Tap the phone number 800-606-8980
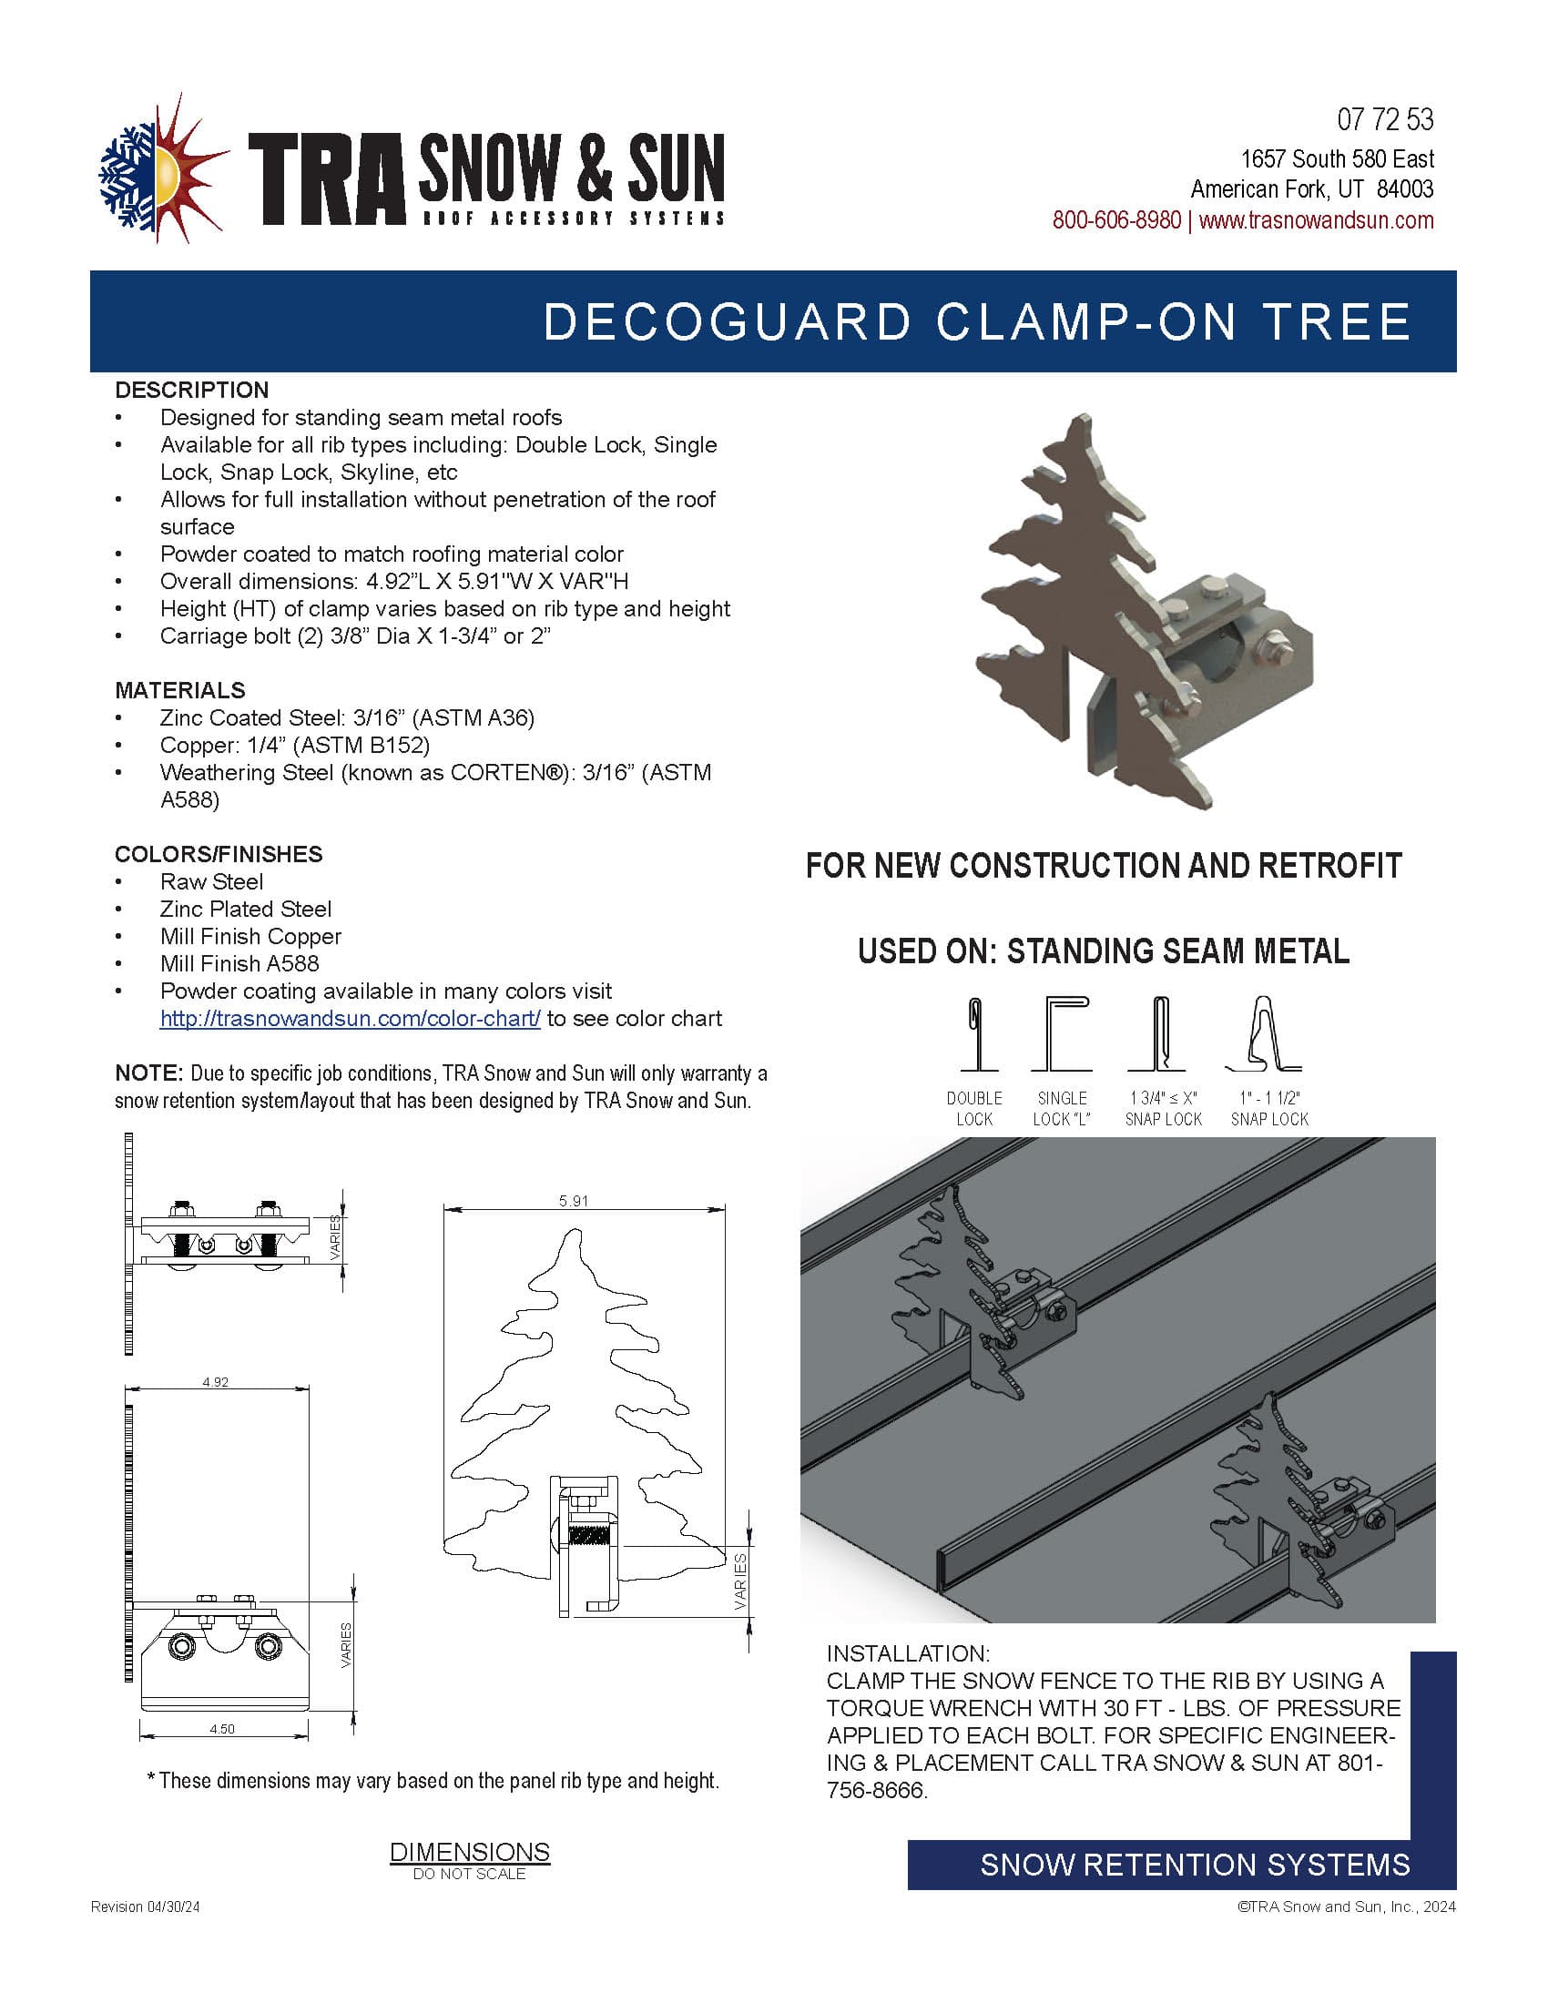click(x=1116, y=220)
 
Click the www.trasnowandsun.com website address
click(x=1316, y=220)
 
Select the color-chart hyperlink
click(x=350, y=1018)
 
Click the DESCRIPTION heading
click(x=191, y=390)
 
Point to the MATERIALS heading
click(x=179, y=690)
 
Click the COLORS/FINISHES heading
click(x=219, y=854)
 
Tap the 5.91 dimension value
click(x=573, y=1201)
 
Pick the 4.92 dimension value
click(x=216, y=1381)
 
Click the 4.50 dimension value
click(x=222, y=1729)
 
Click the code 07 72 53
click(x=1385, y=119)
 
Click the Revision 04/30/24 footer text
click(x=145, y=1906)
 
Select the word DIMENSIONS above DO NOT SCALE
click(x=470, y=1852)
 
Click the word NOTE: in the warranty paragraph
click(x=149, y=1073)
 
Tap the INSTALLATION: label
click(x=908, y=1653)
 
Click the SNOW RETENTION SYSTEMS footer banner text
click(x=1195, y=1865)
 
